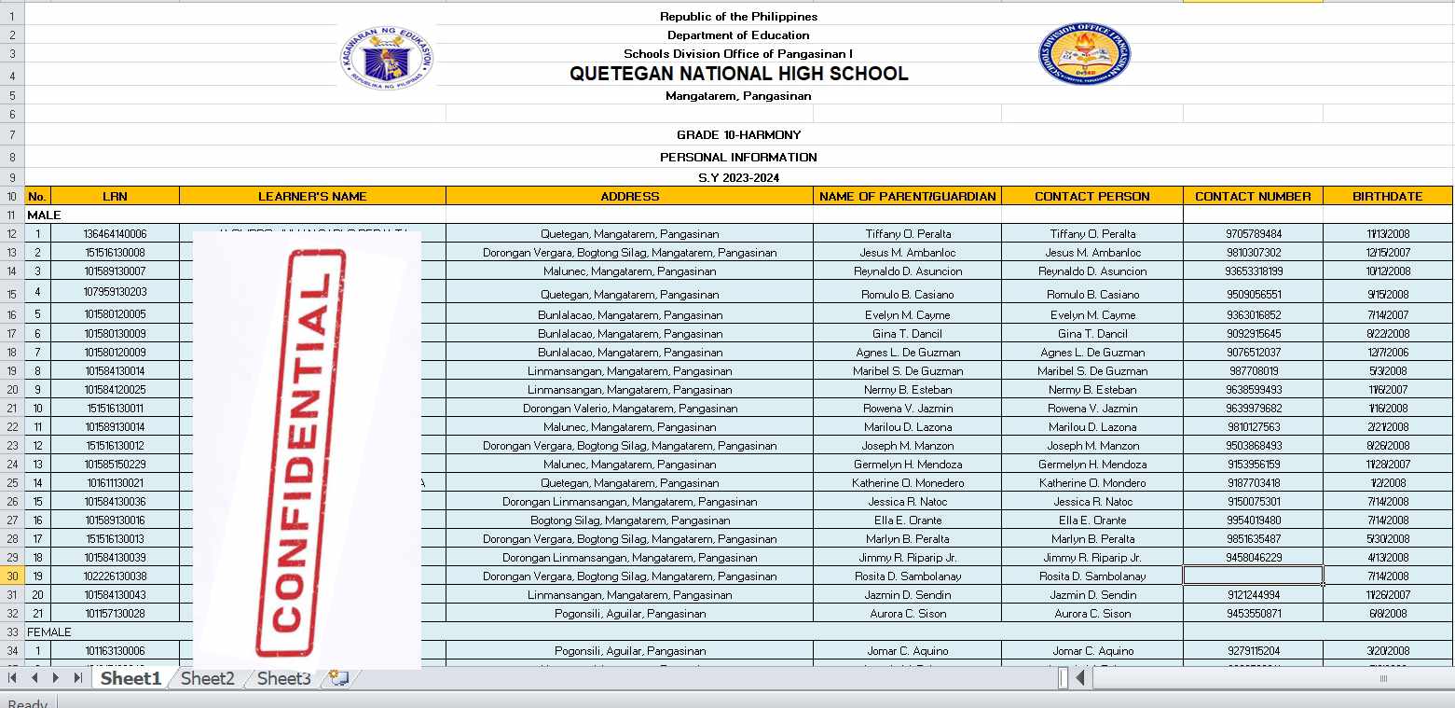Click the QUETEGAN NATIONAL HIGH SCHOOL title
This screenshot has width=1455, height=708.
point(738,74)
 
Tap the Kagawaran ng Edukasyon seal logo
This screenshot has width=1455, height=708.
point(387,56)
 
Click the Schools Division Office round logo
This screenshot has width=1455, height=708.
point(1083,54)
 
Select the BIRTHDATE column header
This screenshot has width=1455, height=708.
point(1387,196)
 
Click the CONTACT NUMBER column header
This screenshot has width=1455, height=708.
point(1252,196)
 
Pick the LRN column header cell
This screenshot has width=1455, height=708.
point(115,196)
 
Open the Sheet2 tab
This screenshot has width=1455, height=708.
point(207,678)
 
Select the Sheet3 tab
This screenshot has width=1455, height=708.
point(283,678)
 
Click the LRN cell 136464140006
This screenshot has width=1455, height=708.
point(115,234)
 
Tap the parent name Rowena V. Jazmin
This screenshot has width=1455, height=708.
point(907,409)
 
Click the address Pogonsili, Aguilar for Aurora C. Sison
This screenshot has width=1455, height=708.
point(629,614)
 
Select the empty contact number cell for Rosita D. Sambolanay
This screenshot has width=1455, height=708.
point(1252,576)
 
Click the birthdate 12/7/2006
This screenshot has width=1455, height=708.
point(1387,353)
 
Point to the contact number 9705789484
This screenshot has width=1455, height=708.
point(1254,234)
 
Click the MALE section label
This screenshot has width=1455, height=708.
point(44,215)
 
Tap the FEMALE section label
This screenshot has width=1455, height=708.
point(49,632)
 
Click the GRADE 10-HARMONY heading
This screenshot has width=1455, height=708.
point(738,135)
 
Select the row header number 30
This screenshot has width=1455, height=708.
point(12,576)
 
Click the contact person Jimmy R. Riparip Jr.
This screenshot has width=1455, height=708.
point(1091,558)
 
